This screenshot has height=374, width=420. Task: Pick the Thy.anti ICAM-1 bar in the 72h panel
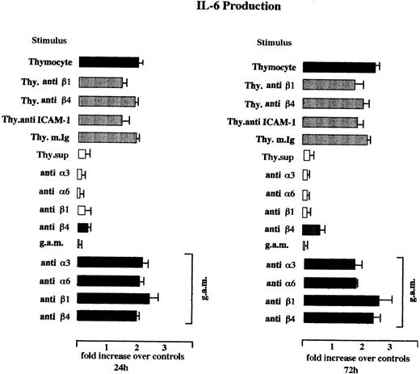pyautogui.click(x=330, y=122)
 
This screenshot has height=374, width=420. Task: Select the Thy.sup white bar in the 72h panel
pyautogui.click(x=307, y=156)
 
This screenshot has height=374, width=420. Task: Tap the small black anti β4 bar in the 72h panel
pyautogui.click(x=311, y=229)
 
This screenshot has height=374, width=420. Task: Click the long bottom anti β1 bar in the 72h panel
pyautogui.click(x=340, y=300)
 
